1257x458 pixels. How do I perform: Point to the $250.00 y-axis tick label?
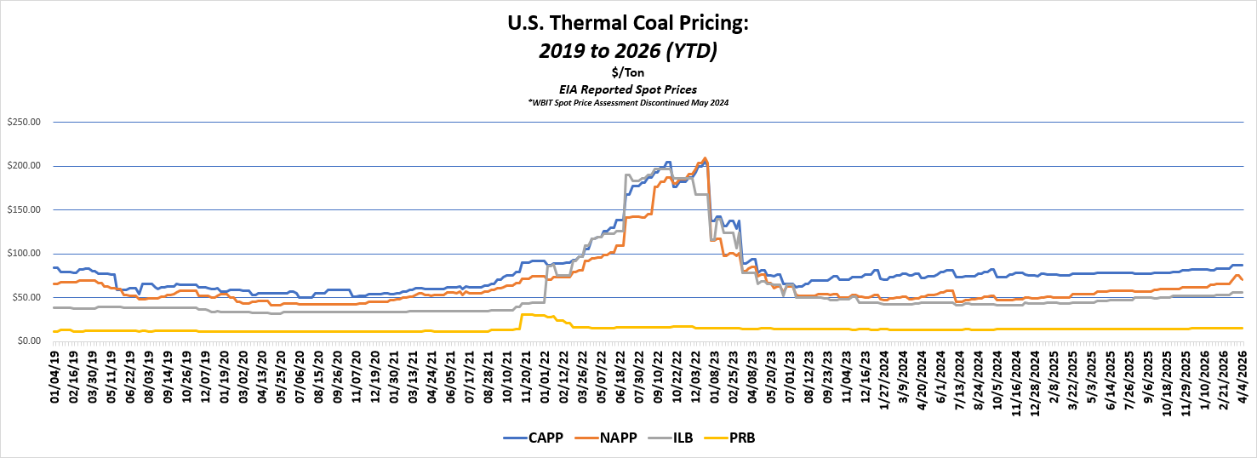point(23,122)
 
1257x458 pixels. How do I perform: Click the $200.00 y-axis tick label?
point(23,166)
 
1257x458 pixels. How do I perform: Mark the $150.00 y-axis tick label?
point(23,209)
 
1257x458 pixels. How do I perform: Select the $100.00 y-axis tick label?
point(23,254)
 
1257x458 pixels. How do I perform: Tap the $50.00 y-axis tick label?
point(26,297)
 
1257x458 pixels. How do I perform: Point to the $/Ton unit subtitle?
point(628,73)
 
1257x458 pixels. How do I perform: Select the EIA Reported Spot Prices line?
point(628,89)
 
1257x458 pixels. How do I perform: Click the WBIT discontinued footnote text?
point(628,102)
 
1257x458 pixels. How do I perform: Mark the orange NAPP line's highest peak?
point(705,158)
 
